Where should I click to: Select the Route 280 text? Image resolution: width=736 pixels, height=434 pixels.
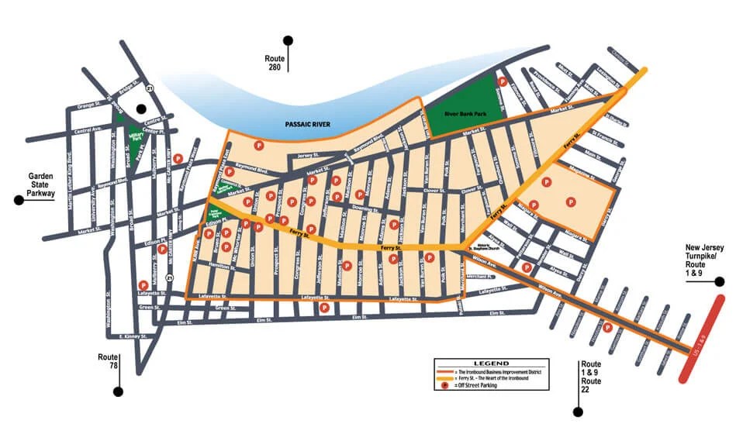(275, 61)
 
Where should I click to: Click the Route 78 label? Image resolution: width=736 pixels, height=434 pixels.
(108, 362)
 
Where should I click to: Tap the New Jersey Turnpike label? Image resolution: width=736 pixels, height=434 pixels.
(704, 257)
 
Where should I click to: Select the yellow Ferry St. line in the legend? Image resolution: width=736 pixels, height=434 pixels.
(446, 377)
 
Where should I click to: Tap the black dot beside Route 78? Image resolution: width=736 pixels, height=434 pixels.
(118, 391)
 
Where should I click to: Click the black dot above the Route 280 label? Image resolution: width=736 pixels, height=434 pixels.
(289, 40)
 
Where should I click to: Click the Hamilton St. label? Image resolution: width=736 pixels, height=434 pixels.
(222, 267)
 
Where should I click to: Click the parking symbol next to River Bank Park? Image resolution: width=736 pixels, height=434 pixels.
(502, 81)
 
